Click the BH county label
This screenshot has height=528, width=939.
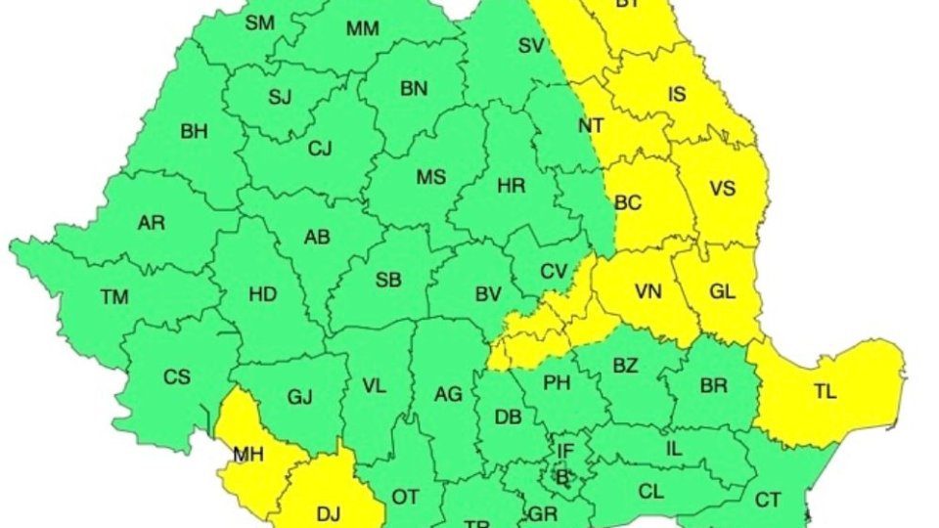(x=194, y=132)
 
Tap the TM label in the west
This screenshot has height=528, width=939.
(x=114, y=297)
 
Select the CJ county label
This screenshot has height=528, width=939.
(x=320, y=150)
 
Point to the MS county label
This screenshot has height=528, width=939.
(x=431, y=177)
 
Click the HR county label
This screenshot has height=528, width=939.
(x=512, y=185)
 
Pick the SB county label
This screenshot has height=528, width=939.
(x=388, y=281)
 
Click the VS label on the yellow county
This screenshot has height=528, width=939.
(x=722, y=189)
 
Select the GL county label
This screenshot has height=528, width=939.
(x=722, y=291)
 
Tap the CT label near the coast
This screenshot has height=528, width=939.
(x=768, y=501)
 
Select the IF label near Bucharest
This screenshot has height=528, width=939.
(x=565, y=451)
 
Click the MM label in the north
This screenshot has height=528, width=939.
(x=362, y=28)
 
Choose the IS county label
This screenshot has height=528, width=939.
(x=677, y=95)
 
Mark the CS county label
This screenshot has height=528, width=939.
(x=177, y=376)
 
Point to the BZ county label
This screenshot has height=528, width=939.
(x=625, y=366)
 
